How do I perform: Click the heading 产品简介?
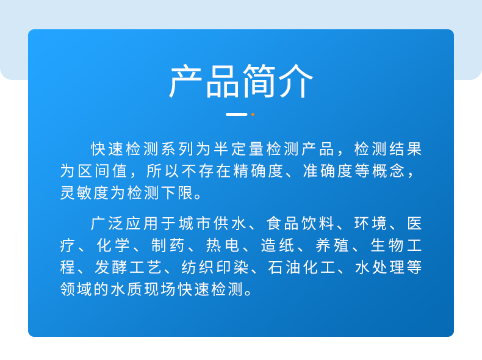tap(241, 81)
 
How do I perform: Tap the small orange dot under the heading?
tap(253, 114)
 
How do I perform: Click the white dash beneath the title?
tap(236, 114)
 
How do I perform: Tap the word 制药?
tap(167, 245)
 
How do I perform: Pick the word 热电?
tap(221, 245)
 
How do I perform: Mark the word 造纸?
tap(276, 245)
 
